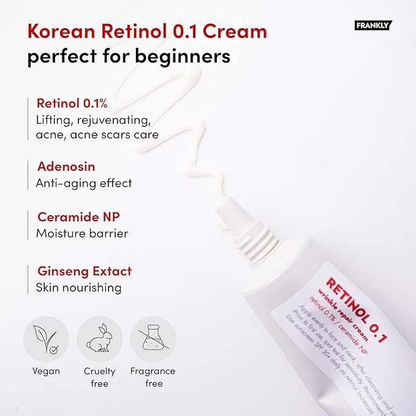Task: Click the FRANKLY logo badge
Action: point(373,25)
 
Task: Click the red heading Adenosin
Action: point(66,167)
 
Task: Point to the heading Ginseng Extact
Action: point(84,271)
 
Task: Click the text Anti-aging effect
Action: point(84,183)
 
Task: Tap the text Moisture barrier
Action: point(82,233)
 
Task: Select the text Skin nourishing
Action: point(78,287)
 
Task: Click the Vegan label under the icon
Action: point(46,371)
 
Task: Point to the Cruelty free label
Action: point(99,377)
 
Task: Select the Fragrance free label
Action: point(153,377)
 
